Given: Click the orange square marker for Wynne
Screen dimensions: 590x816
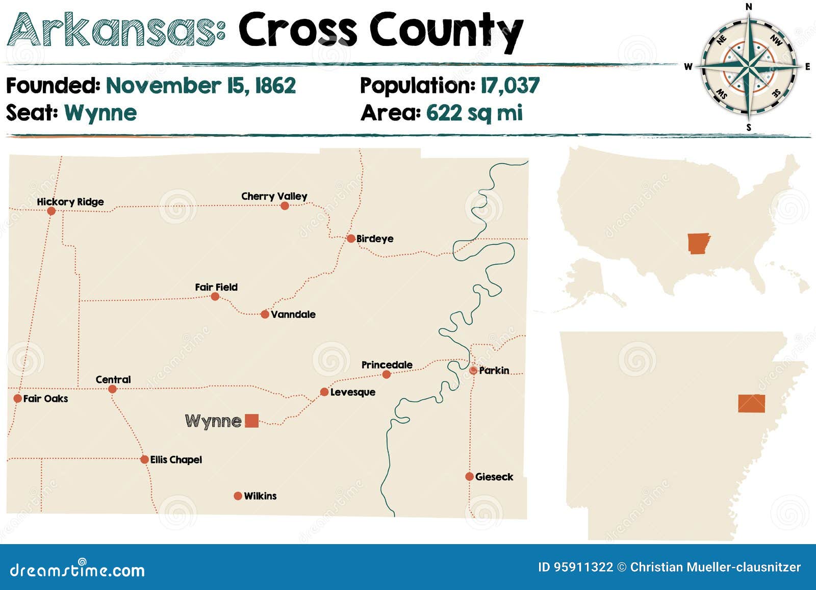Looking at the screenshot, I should click(252, 421).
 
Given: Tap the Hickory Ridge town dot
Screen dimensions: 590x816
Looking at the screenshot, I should click(51, 211).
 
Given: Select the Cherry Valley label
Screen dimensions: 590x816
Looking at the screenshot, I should click(274, 196).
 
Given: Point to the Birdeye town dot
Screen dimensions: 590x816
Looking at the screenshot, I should click(351, 238).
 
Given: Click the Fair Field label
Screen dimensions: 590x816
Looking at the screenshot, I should click(216, 287).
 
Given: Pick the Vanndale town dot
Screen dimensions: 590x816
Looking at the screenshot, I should click(265, 314).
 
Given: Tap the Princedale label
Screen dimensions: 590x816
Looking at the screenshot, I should click(387, 365).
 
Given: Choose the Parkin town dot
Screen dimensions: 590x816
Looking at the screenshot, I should click(473, 370).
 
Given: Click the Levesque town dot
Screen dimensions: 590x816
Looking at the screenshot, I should click(324, 392).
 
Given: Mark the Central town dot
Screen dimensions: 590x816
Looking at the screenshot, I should click(113, 389).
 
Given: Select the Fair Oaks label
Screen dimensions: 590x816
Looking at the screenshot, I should click(45, 398).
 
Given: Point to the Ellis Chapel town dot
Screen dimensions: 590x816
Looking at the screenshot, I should click(144, 459).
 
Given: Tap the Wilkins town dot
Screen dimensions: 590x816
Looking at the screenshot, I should click(238, 496).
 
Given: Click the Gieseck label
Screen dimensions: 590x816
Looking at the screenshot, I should click(494, 477).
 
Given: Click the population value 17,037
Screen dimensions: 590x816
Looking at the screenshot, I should click(510, 86).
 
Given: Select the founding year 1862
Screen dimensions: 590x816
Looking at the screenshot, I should click(275, 86).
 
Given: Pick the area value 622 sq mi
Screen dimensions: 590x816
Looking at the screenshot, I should click(474, 113).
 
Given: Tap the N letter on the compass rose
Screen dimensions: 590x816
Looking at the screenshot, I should click(749, 7).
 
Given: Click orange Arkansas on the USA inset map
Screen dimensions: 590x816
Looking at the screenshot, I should click(698, 243).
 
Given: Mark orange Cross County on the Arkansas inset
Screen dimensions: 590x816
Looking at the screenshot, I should click(751, 403).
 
